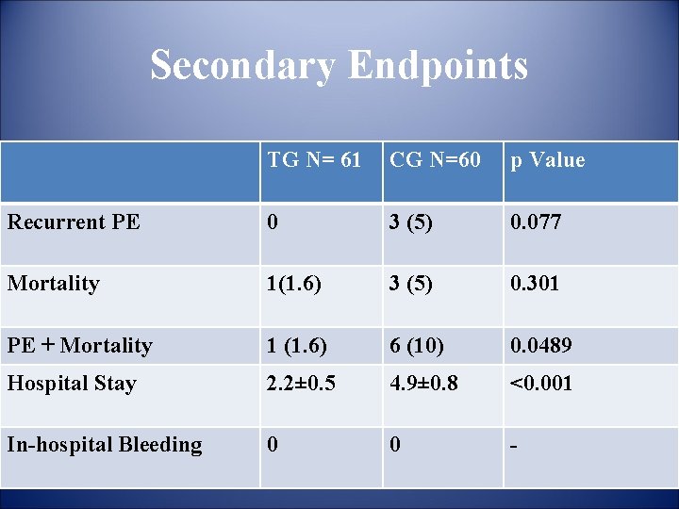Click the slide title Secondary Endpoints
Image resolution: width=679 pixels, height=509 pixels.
coord(339,66)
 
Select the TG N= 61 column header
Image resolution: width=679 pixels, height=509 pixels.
coord(313,160)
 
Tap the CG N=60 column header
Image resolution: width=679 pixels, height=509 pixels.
coord(435,160)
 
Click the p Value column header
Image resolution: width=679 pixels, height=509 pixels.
coord(548,160)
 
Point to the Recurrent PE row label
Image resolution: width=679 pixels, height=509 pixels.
coord(74,222)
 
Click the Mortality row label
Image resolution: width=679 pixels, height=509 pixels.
coord(53,284)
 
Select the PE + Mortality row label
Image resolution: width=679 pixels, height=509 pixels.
coord(79,346)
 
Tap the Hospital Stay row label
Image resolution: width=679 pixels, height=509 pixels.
coord(72,384)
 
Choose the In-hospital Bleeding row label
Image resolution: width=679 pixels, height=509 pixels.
coord(105,445)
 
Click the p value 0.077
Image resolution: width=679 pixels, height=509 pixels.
coord(535,222)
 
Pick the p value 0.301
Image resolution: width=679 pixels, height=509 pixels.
coord(535,284)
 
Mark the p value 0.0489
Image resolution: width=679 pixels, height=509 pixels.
coord(540,346)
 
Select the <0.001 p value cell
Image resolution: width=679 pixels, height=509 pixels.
coord(541,384)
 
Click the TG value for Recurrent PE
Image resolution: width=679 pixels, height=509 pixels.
coord(273,222)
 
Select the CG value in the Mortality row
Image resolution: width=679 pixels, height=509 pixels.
coord(410,284)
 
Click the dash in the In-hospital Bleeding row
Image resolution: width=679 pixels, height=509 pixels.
coord(514,445)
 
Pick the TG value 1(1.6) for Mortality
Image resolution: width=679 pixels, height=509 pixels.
coord(296,284)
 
